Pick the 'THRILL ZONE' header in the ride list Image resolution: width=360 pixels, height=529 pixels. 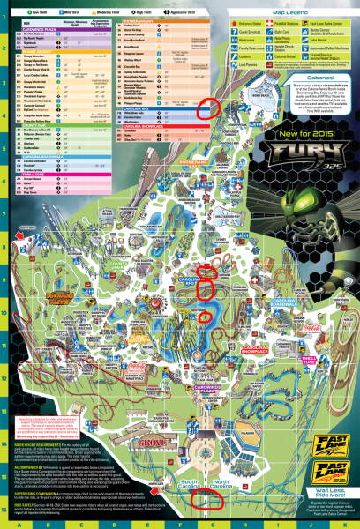tap(35, 198)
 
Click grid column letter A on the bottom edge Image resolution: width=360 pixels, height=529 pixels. tap(19, 523)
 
